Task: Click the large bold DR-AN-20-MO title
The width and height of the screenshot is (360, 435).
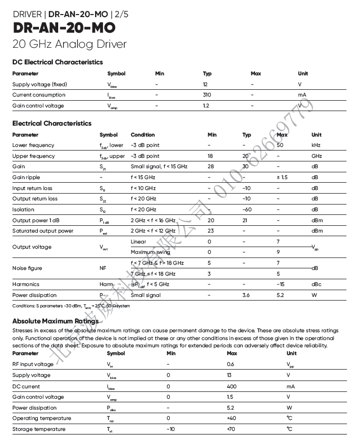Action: click(64, 28)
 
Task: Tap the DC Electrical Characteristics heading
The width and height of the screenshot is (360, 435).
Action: click(58, 62)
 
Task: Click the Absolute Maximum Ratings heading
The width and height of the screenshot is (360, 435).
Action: click(55, 321)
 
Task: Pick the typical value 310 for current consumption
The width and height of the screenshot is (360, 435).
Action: click(207, 95)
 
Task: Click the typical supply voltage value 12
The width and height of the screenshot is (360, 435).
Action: click(206, 84)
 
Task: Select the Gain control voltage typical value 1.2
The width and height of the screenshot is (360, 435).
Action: click(206, 106)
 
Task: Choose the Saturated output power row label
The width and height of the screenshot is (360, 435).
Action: click(43, 231)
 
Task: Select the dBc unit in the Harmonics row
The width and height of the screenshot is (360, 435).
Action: click(316, 284)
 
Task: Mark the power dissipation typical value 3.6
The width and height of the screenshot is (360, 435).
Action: click(246, 295)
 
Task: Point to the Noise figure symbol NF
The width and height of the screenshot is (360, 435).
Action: click(103, 268)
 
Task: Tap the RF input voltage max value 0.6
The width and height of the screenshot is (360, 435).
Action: click(231, 364)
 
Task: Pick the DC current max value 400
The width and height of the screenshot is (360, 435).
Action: click(232, 386)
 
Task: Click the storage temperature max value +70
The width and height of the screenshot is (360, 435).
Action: click(232, 429)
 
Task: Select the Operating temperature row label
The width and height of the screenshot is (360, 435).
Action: click(42, 418)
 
